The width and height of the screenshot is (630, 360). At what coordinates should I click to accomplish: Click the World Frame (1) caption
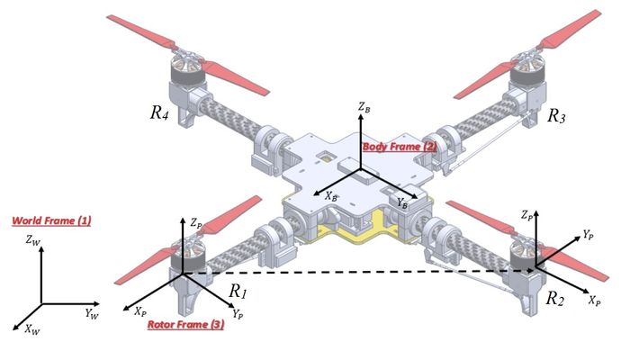click(x=51, y=220)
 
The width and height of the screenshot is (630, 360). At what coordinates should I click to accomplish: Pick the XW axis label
click(x=32, y=331)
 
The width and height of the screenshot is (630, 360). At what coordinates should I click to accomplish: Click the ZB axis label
click(x=363, y=107)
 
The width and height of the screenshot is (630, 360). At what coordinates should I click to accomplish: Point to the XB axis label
click(x=332, y=194)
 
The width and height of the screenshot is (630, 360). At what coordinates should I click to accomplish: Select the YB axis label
click(x=402, y=204)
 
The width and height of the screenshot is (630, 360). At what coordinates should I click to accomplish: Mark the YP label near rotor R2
click(x=588, y=234)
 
